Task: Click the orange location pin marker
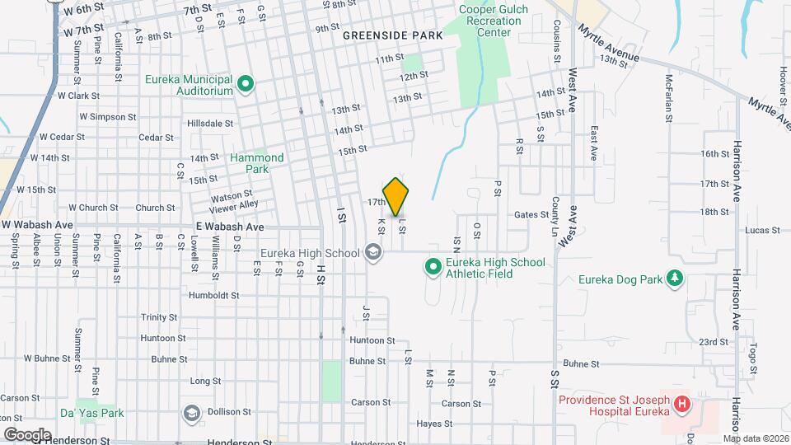pos(396,197)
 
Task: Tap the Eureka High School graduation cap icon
pos(374,253)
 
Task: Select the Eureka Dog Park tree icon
pos(676,279)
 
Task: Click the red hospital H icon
pos(682,405)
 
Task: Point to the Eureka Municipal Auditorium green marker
pos(246,84)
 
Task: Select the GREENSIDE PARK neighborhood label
pos(392,35)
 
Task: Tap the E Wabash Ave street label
pos(230,226)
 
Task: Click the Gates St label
pos(531,214)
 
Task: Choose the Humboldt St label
pos(213,295)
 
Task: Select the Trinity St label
pos(159,317)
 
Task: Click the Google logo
pos(27,434)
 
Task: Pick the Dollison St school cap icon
pos(192,412)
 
